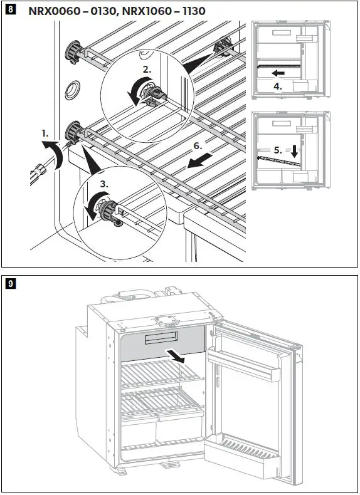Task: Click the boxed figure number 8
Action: tap(10, 9)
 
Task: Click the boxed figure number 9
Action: tap(10, 283)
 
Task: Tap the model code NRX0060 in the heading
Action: tap(54, 11)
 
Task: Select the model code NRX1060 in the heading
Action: tap(147, 11)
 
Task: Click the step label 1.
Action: tap(45, 133)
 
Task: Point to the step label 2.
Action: tap(147, 70)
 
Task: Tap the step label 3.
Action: tap(104, 184)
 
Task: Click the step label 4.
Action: tap(277, 86)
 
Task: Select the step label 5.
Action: tap(277, 150)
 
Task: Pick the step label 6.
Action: tap(198, 145)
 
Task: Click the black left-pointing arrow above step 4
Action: tap(278, 73)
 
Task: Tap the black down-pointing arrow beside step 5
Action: tap(294, 152)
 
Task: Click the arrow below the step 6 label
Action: tap(199, 160)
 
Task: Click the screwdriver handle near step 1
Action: tap(37, 172)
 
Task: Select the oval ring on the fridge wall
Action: tap(72, 90)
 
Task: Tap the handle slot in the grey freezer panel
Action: tap(161, 338)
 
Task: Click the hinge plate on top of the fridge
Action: tap(166, 320)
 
